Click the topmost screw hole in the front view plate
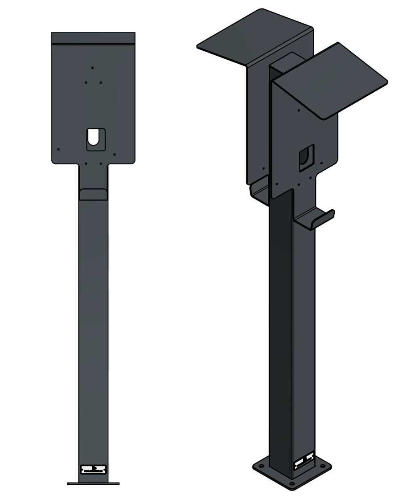point(92,68)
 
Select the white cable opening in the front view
point(93,137)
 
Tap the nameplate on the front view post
point(93,469)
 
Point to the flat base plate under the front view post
point(93,483)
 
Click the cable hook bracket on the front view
point(93,194)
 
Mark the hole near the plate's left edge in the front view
point(58,150)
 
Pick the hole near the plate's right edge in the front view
point(115,155)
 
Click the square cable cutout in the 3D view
point(306,157)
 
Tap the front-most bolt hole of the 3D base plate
point(292,483)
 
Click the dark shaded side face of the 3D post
point(280,334)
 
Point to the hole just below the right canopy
point(299,109)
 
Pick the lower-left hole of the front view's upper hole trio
point(85,82)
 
